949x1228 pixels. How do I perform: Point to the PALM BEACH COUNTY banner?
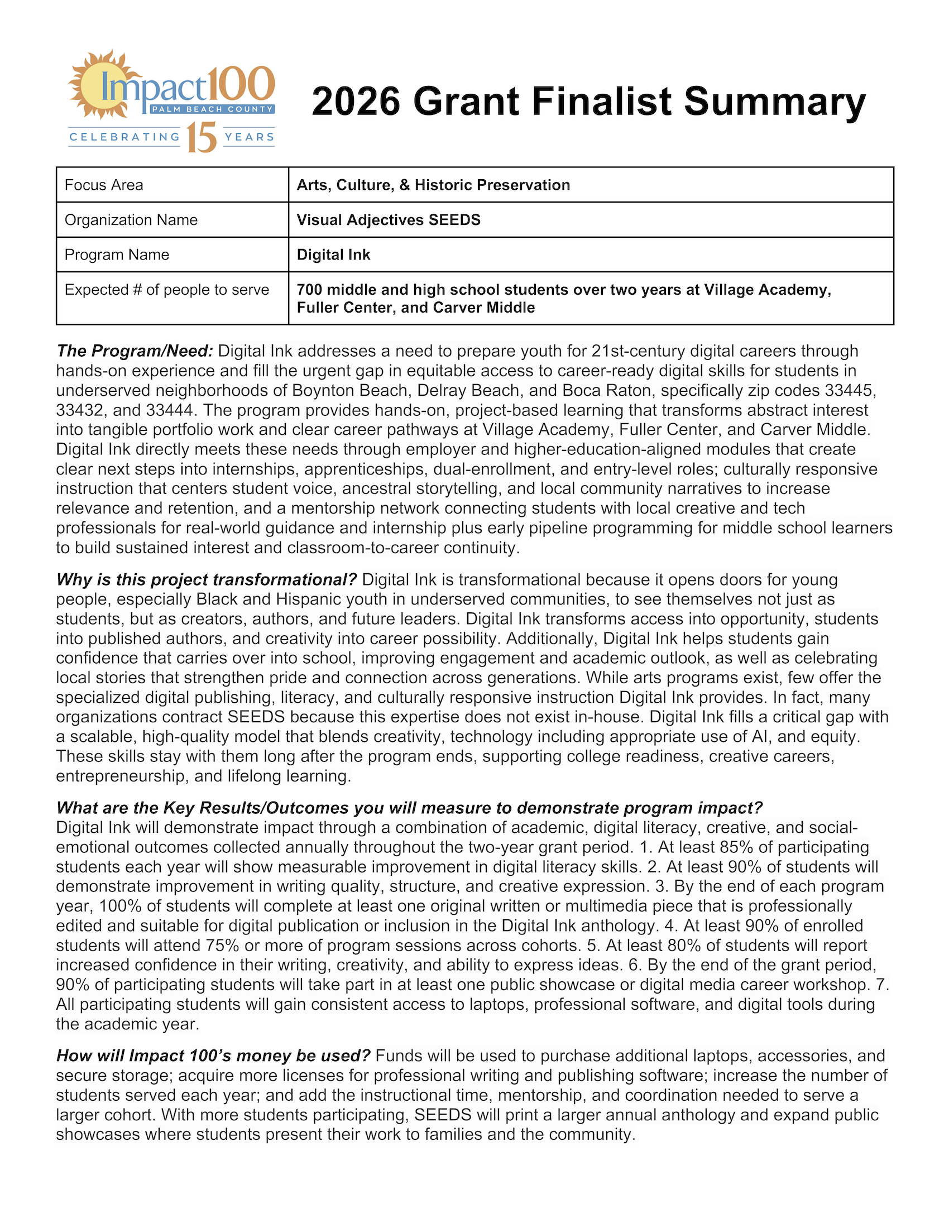coord(212,109)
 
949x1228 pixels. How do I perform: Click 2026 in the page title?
coord(356,102)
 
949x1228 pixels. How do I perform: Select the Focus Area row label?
coord(104,185)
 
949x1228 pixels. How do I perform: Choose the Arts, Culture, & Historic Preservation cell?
coord(433,185)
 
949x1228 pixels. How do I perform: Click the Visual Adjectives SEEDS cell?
coord(389,220)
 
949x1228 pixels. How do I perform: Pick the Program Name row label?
coord(117,255)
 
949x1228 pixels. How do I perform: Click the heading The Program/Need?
coord(135,351)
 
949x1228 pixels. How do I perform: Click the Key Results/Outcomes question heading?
coord(409,808)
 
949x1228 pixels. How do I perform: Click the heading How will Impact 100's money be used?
coord(214,1056)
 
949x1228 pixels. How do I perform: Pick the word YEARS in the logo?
coord(250,137)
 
